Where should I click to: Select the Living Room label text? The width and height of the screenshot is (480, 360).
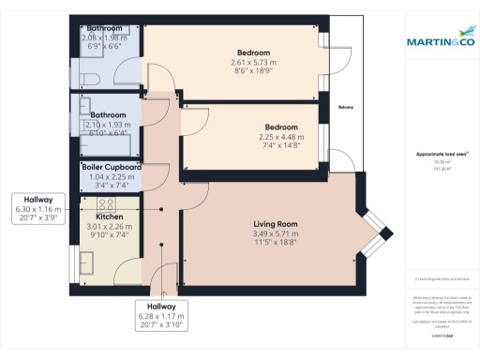point(275,224)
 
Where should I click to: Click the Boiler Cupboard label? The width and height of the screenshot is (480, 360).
point(112,167)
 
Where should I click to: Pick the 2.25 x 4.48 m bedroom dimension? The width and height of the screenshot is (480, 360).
point(280,137)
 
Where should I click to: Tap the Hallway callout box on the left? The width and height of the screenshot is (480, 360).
point(38,208)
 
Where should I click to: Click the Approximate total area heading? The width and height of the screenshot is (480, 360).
point(442,154)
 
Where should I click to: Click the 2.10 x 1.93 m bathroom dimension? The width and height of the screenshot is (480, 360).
point(111,126)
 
